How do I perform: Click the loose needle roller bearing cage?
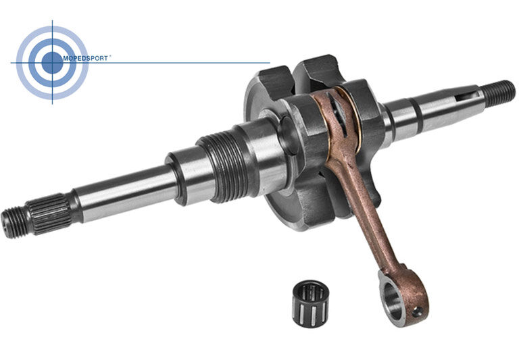coord(310,304)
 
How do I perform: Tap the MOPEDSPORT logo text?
coord(85,58)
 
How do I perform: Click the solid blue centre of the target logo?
coord(52,63)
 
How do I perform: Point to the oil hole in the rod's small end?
coord(418,311)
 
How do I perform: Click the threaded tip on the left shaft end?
coord(15,222)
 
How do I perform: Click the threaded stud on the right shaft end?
coord(499,94)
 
